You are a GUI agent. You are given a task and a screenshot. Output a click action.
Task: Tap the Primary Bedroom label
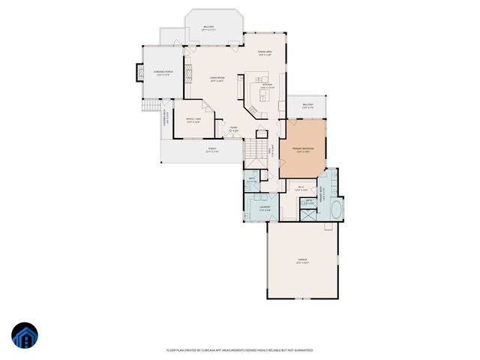[x=302, y=149]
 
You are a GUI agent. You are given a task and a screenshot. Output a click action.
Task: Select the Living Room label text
[x=217, y=79]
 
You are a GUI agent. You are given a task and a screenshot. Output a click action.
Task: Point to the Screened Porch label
[x=163, y=73]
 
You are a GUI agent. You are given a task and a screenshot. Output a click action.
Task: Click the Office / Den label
[x=193, y=120]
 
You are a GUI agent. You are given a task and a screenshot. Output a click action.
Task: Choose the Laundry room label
[x=265, y=208]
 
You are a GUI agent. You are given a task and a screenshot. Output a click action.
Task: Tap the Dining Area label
[x=265, y=52]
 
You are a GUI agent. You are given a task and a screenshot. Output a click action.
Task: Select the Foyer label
[x=234, y=128]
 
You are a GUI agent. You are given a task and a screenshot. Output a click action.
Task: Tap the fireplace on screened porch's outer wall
[x=138, y=73]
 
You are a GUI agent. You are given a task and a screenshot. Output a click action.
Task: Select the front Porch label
[x=213, y=149]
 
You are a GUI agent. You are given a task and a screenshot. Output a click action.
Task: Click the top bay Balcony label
[x=209, y=28]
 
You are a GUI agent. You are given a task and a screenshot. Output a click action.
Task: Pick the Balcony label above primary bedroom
[x=307, y=105]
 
